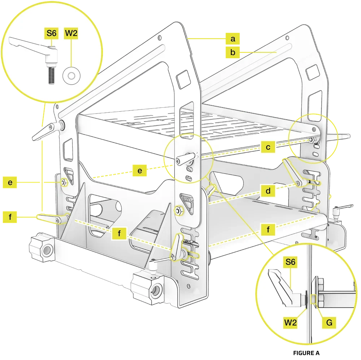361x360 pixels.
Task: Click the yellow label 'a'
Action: [233, 38]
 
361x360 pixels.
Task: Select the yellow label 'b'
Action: [233, 52]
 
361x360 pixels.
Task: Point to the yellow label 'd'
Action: [268, 190]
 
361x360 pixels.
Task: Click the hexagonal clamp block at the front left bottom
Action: [43, 249]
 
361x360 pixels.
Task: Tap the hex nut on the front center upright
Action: [179, 210]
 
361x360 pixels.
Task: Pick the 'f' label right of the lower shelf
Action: [268, 229]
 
